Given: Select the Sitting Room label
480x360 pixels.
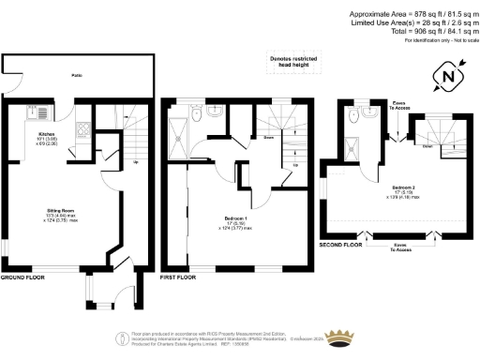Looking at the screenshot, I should (62, 215).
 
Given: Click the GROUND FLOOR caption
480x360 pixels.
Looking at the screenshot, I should (24, 278).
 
